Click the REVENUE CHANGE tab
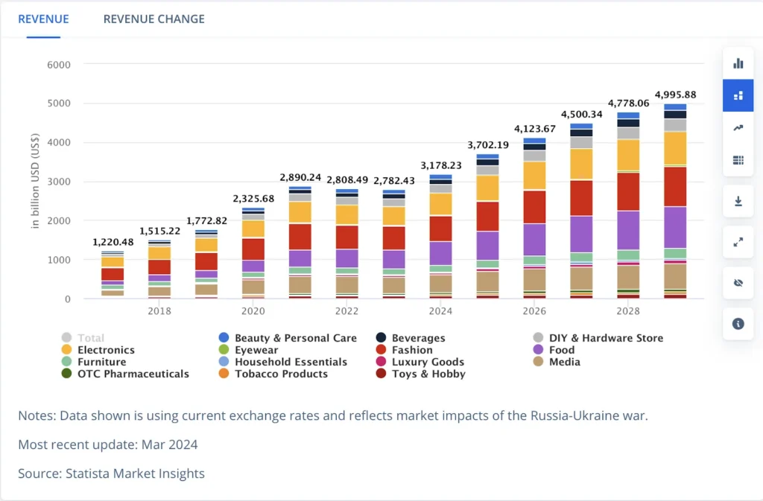[x=153, y=19]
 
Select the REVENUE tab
[x=43, y=19]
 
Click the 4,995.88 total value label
[x=675, y=95]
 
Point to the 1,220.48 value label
[x=113, y=242]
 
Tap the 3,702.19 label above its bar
[x=488, y=144]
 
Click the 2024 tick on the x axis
[x=440, y=311]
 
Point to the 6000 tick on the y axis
[x=58, y=65]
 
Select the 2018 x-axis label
[x=159, y=311]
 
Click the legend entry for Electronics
[x=106, y=350]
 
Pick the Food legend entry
[x=561, y=350]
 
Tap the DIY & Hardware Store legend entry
[x=605, y=338]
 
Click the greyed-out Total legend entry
[x=90, y=338]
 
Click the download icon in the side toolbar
[x=738, y=202]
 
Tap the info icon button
[x=738, y=324]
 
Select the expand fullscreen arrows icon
[x=738, y=242]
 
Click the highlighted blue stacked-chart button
[x=738, y=95]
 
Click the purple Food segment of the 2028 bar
[x=628, y=230]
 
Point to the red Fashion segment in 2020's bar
[x=253, y=249]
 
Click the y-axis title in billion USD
[x=36, y=180]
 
